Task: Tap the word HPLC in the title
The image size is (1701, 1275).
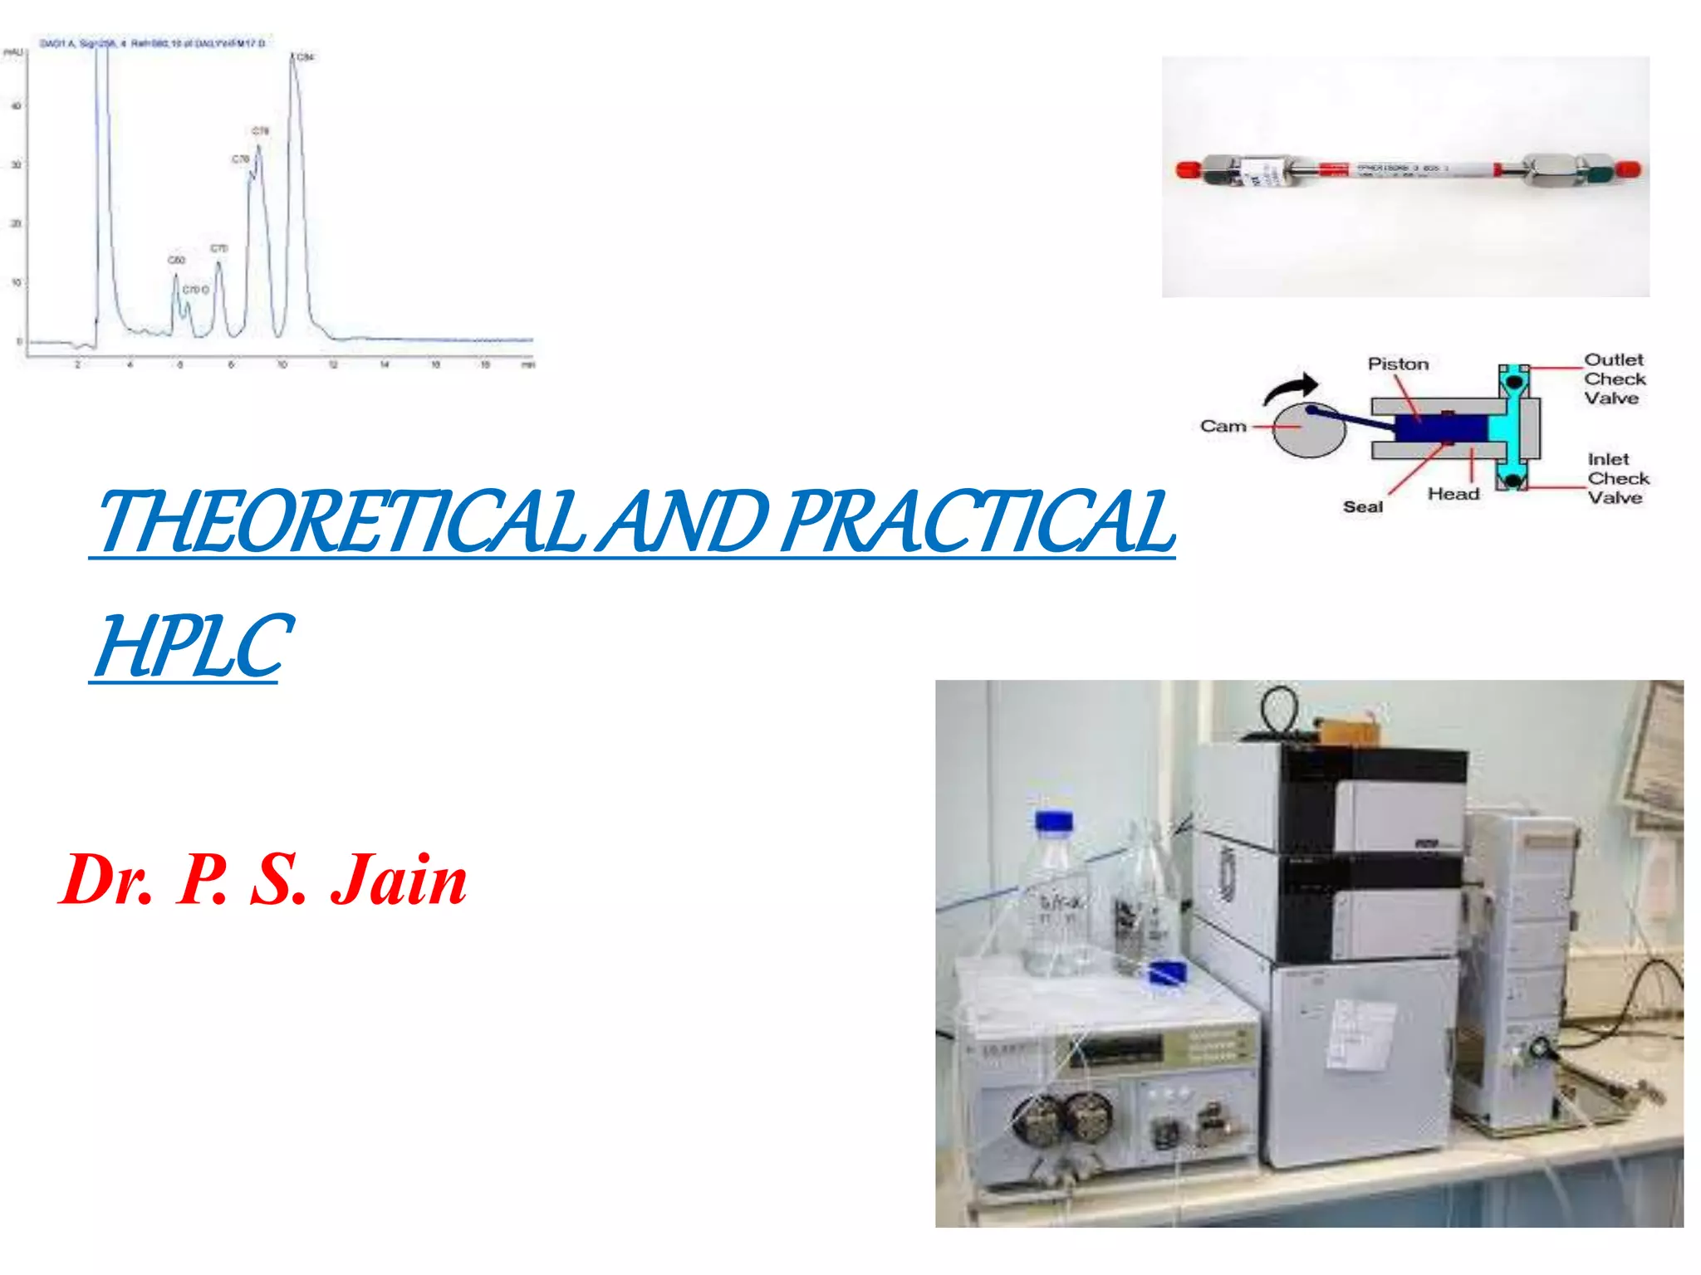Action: pos(193,646)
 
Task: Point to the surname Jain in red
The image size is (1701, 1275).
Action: pos(400,880)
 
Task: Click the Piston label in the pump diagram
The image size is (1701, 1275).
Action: pos(1398,364)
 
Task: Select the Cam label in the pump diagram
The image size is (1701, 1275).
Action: pos(1223,427)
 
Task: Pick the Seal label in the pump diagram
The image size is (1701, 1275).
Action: pos(1363,506)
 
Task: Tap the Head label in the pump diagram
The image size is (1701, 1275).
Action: pos(1453,494)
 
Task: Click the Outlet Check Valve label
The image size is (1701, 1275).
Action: pos(1614,379)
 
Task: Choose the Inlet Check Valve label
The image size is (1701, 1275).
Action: pos(1617,478)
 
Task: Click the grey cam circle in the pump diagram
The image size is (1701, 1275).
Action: pos(1308,432)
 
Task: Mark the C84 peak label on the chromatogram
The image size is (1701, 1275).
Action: pos(306,57)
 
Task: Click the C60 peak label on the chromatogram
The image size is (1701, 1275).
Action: pos(177,261)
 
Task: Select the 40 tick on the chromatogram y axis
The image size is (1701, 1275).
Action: pos(16,106)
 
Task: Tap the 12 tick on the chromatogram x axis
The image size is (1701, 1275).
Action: pos(333,365)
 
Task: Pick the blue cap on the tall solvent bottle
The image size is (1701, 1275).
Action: pos(1053,821)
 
